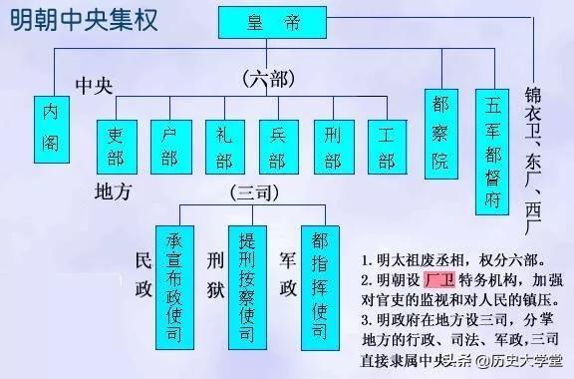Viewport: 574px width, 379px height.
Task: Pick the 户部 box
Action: [168, 146]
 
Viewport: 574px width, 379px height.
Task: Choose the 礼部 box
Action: [223, 146]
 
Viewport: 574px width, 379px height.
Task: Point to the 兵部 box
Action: [277, 146]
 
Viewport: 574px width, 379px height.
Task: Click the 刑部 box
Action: [331, 146]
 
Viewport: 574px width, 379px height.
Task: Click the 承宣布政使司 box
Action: [173, 275]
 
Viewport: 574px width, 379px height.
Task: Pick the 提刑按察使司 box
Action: [246, 275]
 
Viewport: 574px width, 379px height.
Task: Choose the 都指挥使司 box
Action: [319, 275]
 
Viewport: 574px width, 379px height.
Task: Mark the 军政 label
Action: [287, 274]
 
